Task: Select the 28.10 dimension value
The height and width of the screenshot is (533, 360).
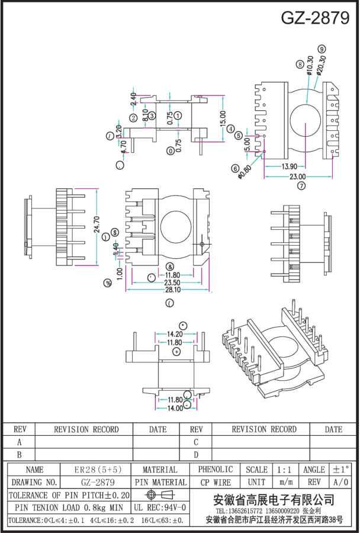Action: click(172, 290)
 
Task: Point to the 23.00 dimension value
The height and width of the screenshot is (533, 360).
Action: click(297, 176)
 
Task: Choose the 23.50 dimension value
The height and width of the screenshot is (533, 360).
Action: click(172, 282)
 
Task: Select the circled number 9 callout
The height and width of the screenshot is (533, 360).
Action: click(322, 49)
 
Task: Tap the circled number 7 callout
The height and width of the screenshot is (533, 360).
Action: click(301, 186)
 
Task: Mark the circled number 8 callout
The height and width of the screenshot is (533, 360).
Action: click(300, 64)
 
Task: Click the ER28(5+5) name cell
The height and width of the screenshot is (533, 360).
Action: click(98, 470)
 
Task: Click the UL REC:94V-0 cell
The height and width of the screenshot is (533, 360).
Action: click(160, 508)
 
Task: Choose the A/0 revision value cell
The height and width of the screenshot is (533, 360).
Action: click(341, 483)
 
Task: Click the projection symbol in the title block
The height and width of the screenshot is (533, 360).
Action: click(160, 495)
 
